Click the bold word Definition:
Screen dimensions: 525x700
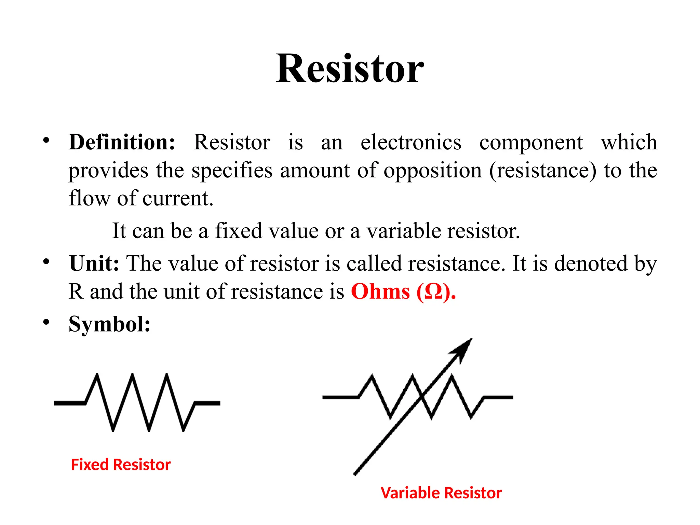click(122, 142)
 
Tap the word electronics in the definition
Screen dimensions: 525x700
click(410, 142)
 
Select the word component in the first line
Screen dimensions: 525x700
click(531, 142)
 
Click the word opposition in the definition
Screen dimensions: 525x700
click(432, 170)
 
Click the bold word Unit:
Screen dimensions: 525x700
click(94, 264)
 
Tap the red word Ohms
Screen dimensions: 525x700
click(380, 292)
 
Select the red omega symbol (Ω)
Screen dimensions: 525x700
click(433, 293)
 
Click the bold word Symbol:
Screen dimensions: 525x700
click(109, 324)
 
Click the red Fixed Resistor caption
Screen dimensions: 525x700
click(121, 465)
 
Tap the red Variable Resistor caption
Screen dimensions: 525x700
click(441, 493)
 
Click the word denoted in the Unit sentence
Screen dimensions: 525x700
click(591, 264)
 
